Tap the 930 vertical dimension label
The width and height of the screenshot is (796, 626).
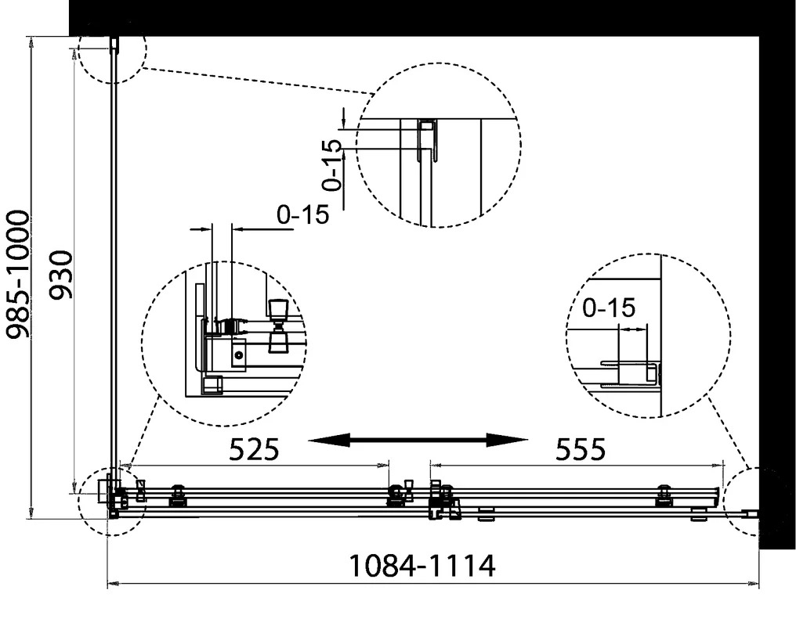pyautogui.click(x=61, y=275)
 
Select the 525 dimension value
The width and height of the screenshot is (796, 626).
pyautogui.click(x=255, y=449)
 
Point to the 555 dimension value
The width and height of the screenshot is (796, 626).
pyautogui.click(x=581, y=449)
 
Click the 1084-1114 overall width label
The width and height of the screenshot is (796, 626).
pyautogui.click(x=422, y=566)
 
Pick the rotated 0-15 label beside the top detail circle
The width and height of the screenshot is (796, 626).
pyautogui.click(x=333, y=165)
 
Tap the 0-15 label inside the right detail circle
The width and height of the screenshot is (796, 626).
pyautogui.click(x=609, y=308)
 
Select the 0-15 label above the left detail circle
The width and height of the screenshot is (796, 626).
pyautogui.click(x=303, y=215)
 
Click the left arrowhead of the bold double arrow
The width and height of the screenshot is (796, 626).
pyautogui.click(x=329, y=440)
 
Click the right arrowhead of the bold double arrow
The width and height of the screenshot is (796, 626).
pyautogui.click(x=508, y=440)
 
